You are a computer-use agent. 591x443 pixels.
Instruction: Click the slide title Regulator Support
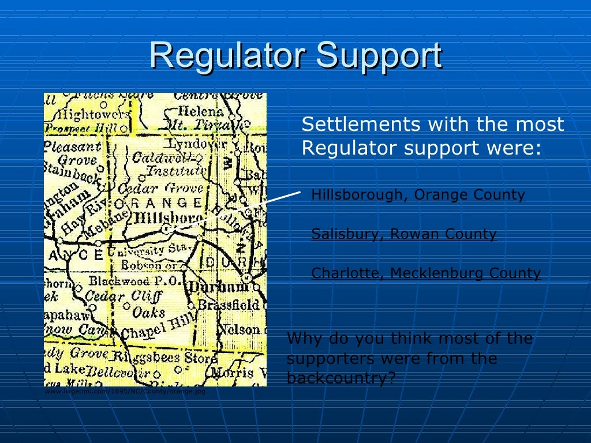tap(295, 56)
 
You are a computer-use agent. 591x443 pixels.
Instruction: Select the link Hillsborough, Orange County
tap(418, 195)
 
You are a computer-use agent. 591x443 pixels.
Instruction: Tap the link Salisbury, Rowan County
tap(403, 234)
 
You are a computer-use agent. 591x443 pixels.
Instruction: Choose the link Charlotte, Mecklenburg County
tap(426, 273)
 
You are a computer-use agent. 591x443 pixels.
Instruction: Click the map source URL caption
tap(125, 391)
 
